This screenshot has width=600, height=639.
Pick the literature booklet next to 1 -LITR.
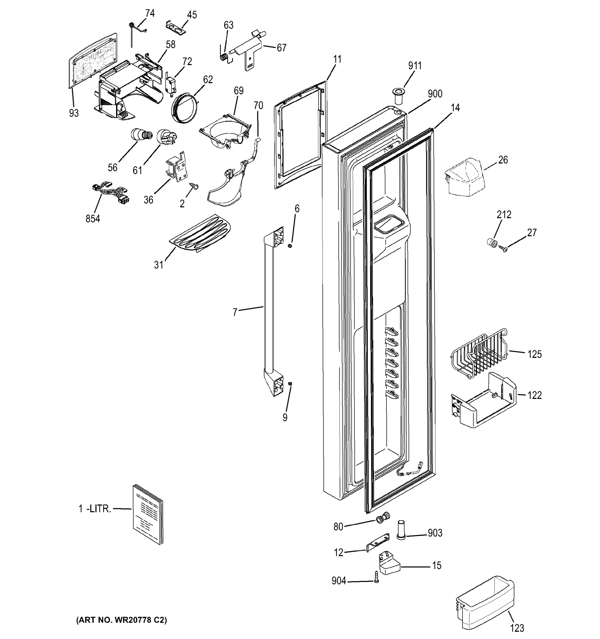pos(148,515)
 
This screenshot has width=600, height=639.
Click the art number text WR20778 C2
pos(121,620)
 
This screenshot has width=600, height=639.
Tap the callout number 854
pos(93,219)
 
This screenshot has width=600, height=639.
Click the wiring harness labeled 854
pos(111,192)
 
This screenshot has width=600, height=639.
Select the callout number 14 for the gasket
pos(455,108)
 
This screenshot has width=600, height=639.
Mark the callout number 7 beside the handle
pos(235,312)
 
